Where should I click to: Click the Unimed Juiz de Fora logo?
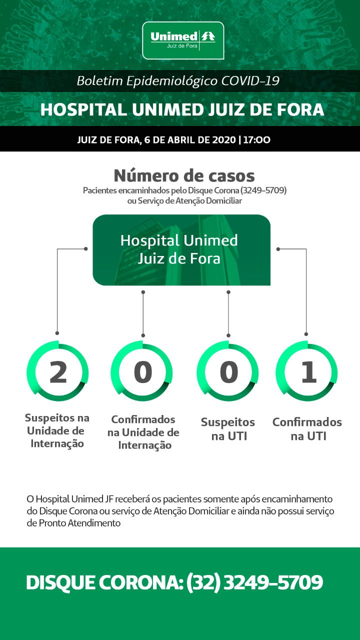(x=183, y=40)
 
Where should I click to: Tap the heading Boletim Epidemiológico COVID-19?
(x=177, y=81)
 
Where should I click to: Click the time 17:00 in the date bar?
(x=256, y=139)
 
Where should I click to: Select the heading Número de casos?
(x=184, y=175)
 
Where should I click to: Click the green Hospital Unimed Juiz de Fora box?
(x=181, y=250)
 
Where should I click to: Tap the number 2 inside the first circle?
(x=58, y=371)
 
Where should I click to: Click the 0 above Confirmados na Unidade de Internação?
(x=143, y=371)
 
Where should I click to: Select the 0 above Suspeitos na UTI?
(x=228, y=371)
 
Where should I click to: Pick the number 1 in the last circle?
(x=309, y=371)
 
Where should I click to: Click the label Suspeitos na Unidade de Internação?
(x=57, y=430)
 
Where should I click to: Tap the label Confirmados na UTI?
(x=307, y=429)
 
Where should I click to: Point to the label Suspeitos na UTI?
(x=228, y=429)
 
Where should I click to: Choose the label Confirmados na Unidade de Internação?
(x=143, y=432)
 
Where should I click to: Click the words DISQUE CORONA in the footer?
(x=104, y=582)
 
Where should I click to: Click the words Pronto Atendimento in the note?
(x=79, y=523)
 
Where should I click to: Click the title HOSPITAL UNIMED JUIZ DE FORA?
(x=182, y=109)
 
